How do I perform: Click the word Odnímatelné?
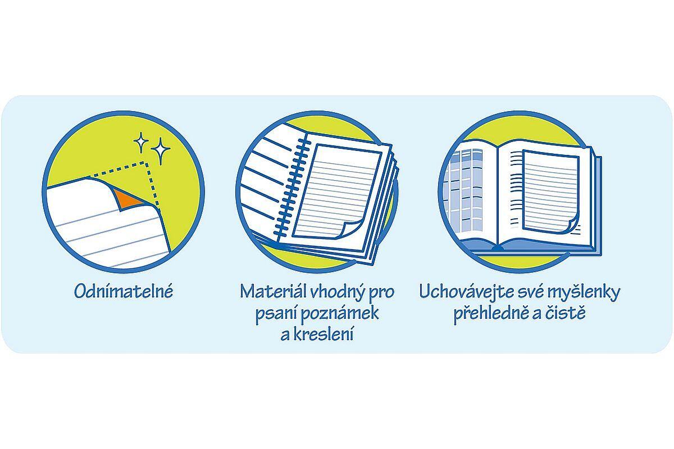[x=124, y=291]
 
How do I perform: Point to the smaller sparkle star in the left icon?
[x=141, y=141]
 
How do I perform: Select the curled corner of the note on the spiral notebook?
[x=351, y=230]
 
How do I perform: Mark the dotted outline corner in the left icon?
[x=147, y=165]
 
